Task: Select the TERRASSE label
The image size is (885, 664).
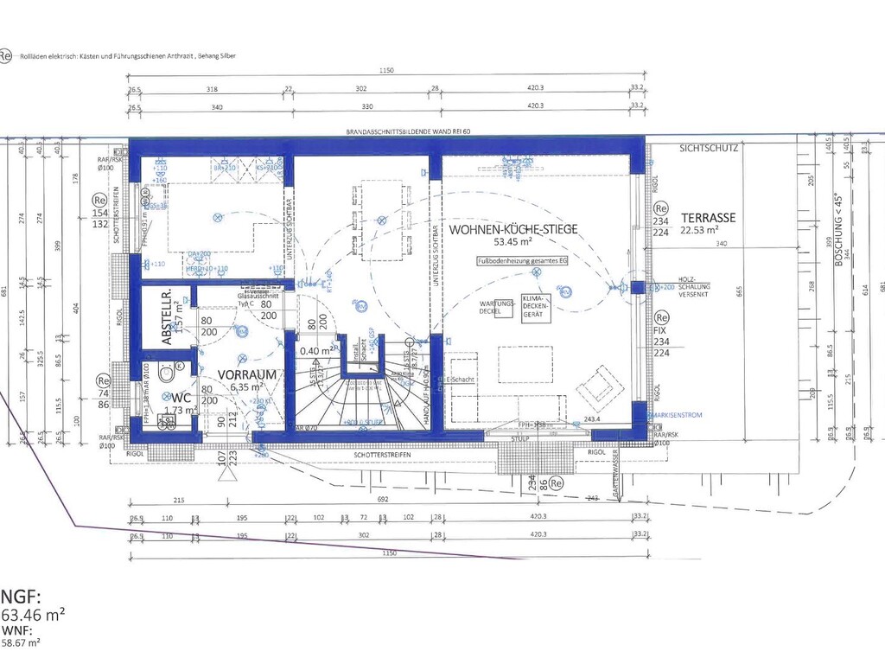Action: (708, 218)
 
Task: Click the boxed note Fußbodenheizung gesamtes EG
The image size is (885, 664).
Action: (516, 261)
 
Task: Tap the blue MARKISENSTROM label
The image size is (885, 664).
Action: (691, 415)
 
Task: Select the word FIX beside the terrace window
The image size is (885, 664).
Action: (662, 330)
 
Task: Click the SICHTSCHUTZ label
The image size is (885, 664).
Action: (708, 148)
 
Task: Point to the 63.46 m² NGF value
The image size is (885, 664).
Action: (33, 616)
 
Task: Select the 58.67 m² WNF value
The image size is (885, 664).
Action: (21, 642)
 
